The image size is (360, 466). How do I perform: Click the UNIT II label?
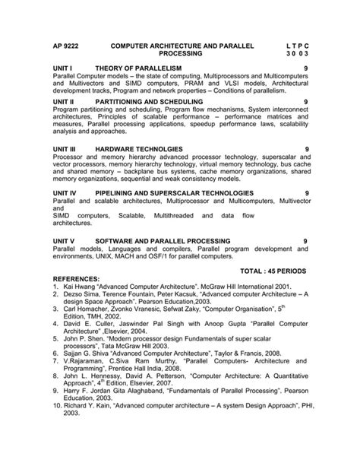(x=67, y=101)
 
